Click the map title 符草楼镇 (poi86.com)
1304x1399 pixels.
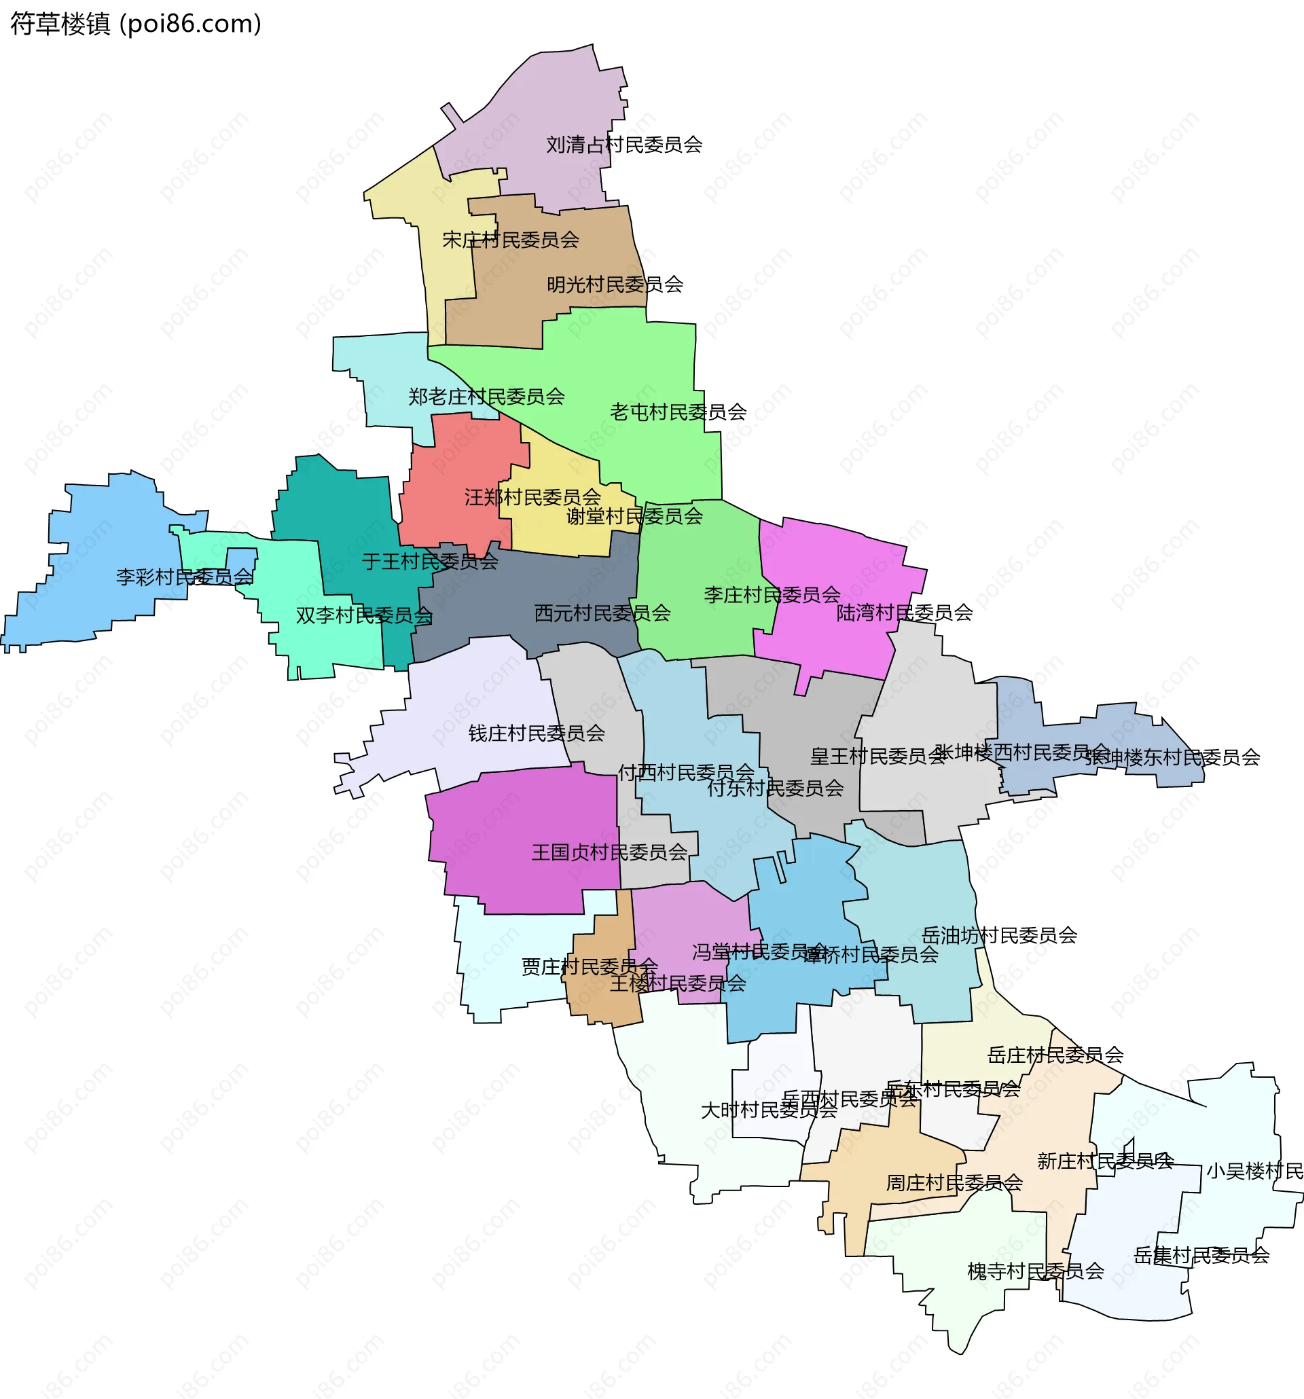click(136, 24)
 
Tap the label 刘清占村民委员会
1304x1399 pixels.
click(623, 145)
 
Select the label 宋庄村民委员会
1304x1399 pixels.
click(510, 240)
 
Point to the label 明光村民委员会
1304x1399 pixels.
click(615, 285)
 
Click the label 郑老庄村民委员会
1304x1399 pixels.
click(486, 397)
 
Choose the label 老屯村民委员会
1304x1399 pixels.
click(678, 412)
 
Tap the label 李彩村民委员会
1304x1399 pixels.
click(184, 577)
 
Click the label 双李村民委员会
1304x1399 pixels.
click(364, 616)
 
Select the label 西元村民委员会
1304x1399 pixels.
click(602, 613)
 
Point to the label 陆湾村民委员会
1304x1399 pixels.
click(904, 613)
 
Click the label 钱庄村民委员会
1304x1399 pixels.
click(537, 734)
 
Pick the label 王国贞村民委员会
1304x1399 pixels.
click(609, 853)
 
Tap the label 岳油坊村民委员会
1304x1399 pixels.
click(999, 936)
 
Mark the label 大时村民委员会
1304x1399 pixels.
click(768, 1110)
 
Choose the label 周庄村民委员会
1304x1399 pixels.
click(954, 1184)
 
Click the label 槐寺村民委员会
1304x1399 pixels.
click(1035, 1271)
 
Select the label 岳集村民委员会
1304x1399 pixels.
click(1201, 1256)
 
